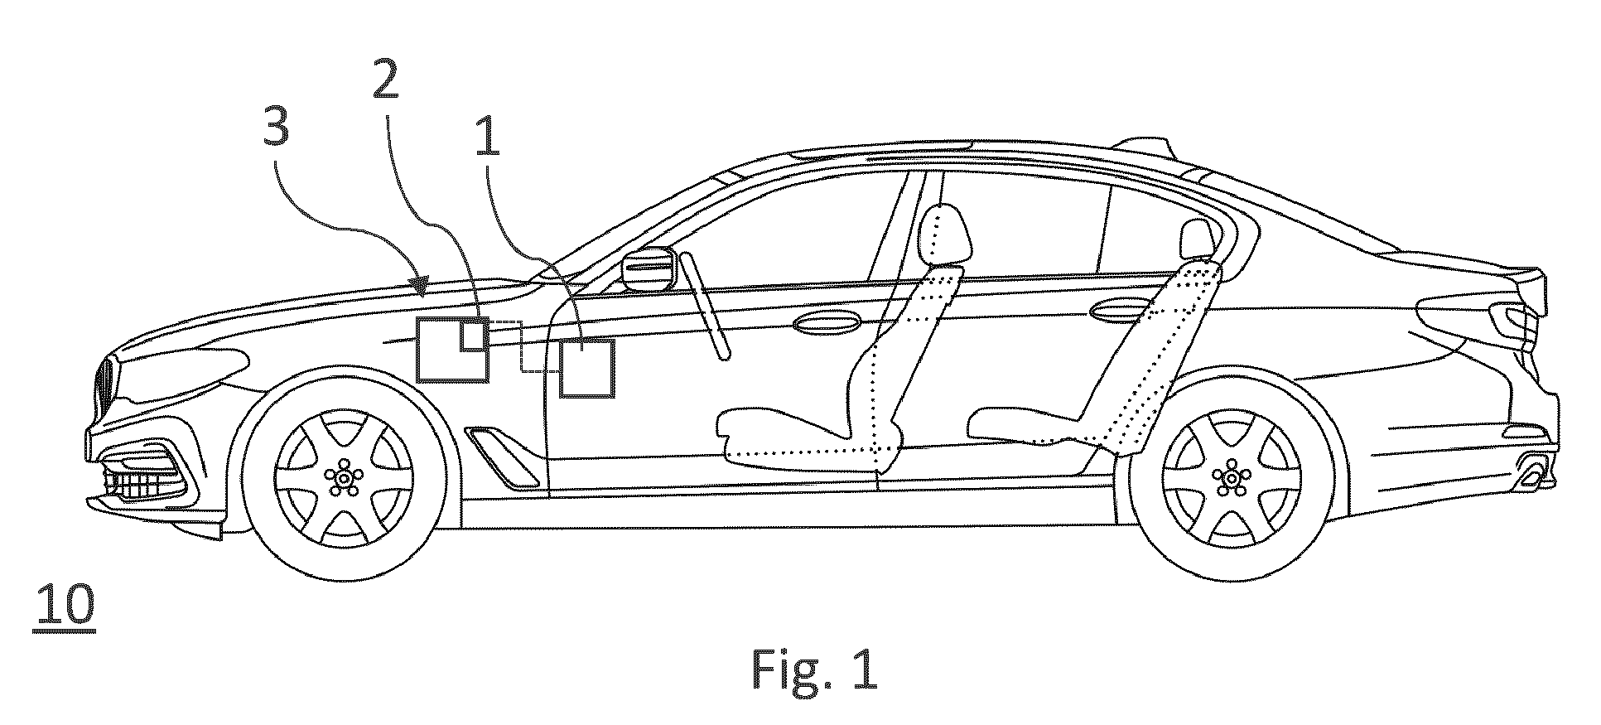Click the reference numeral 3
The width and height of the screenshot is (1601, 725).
tap(276, 128)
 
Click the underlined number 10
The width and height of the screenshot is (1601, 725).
tap(65, 605)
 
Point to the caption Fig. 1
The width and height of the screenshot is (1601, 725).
tap(814, 669)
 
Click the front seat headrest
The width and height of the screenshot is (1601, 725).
tap(943, 234)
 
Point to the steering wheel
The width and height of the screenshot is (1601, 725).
tap(706, 306)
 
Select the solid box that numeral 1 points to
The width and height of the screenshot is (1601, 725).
tap(587, 368)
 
